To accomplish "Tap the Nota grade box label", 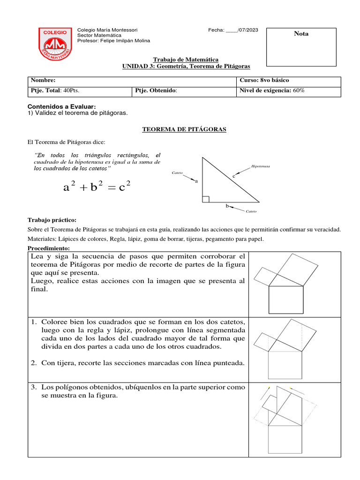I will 301,34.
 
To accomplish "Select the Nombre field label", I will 42,80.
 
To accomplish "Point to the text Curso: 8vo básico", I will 268,80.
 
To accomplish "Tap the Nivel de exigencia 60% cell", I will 272,91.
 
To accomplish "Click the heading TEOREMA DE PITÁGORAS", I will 184,129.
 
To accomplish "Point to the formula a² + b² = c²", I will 97,187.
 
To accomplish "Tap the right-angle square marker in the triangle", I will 206,199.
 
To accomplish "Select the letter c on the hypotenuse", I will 233,176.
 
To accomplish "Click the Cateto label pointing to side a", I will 178,173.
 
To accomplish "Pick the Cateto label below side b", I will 251,211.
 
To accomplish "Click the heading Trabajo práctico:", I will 52,220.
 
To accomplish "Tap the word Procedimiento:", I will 49,247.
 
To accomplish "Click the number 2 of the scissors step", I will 34,363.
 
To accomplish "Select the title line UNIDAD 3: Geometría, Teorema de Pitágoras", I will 186,67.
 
